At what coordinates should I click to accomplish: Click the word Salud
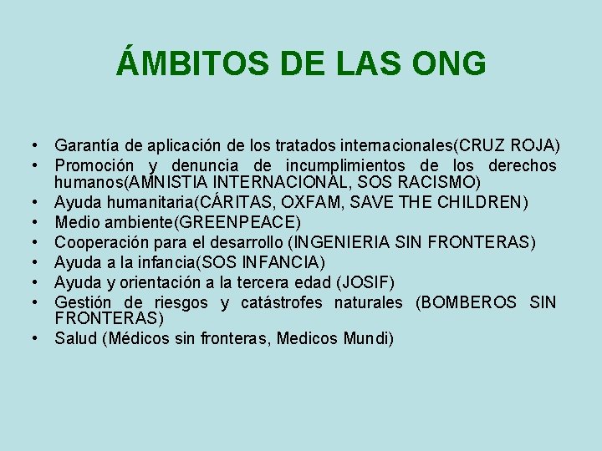click(x=74, y=338)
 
